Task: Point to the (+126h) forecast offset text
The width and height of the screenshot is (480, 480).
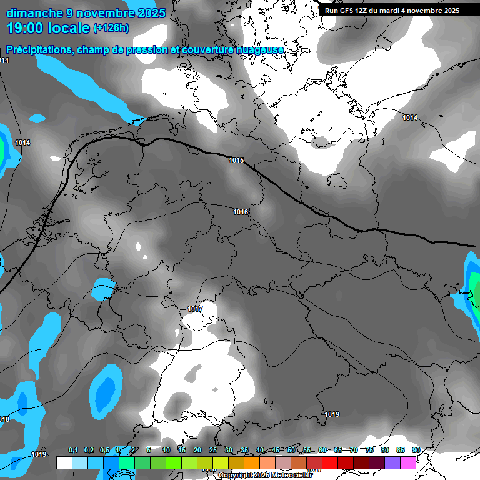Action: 111,27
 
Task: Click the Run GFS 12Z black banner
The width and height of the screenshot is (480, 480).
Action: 392,10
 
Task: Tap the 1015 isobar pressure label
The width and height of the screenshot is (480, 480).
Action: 236,161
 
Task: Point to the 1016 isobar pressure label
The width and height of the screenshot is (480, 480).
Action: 241,212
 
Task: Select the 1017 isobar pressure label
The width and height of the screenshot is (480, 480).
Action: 195,309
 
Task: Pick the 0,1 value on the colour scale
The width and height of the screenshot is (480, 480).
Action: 73,450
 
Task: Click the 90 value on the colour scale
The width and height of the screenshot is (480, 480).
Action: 416,450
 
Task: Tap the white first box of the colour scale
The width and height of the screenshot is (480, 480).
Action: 64,462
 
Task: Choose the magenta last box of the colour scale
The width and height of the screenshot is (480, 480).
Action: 408,462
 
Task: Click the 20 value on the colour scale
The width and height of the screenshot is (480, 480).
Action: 197,450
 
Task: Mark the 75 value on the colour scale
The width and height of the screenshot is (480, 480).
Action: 369,450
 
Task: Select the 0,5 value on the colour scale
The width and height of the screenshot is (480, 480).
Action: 104,450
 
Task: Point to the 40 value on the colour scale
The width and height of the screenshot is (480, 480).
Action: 260,450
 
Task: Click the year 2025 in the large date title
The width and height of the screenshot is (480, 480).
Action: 149,13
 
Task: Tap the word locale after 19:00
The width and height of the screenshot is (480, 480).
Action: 69,27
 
